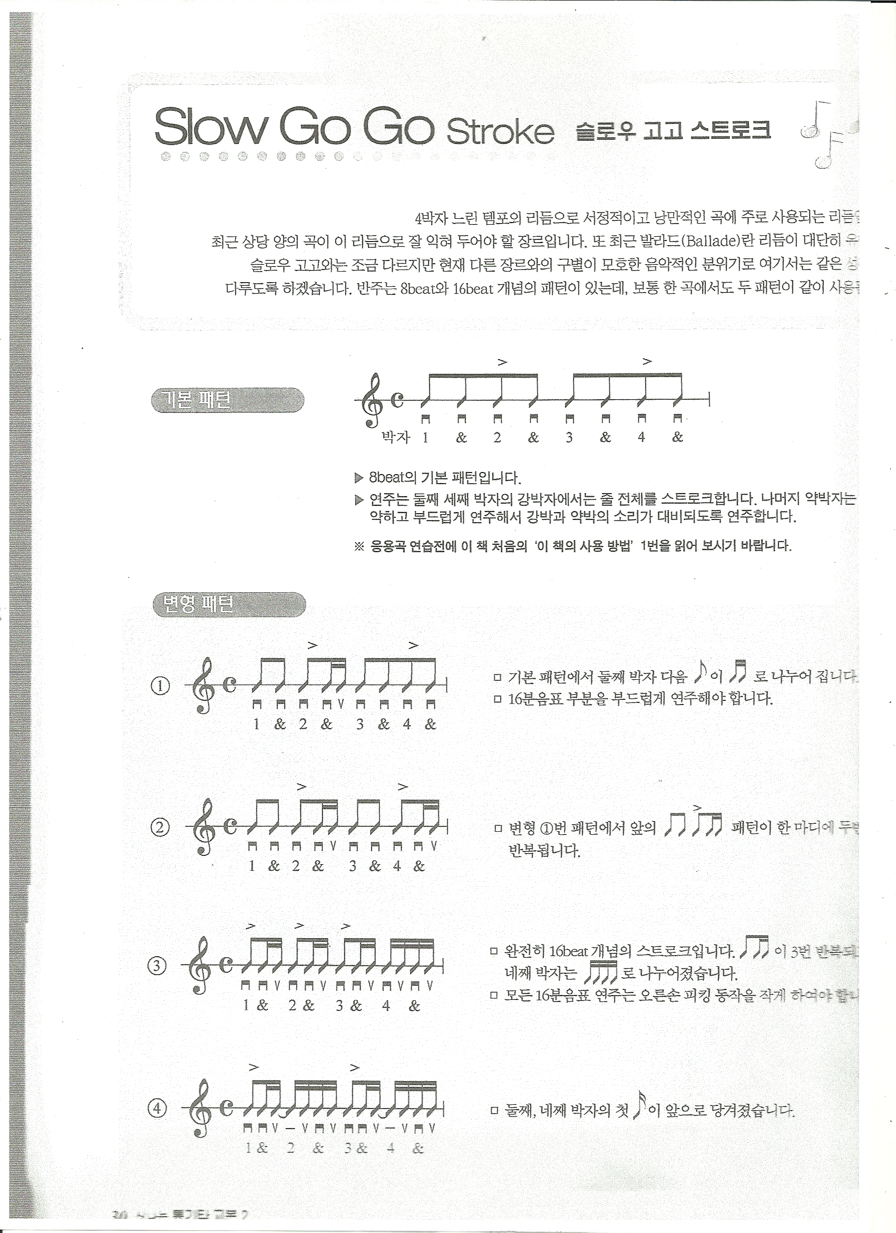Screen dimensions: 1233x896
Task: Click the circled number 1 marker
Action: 160,686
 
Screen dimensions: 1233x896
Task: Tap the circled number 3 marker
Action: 158,966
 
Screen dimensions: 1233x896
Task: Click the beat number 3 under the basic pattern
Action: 569,437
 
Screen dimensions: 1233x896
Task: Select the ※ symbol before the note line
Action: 358,546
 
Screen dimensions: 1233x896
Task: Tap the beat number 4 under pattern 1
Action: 407,724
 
